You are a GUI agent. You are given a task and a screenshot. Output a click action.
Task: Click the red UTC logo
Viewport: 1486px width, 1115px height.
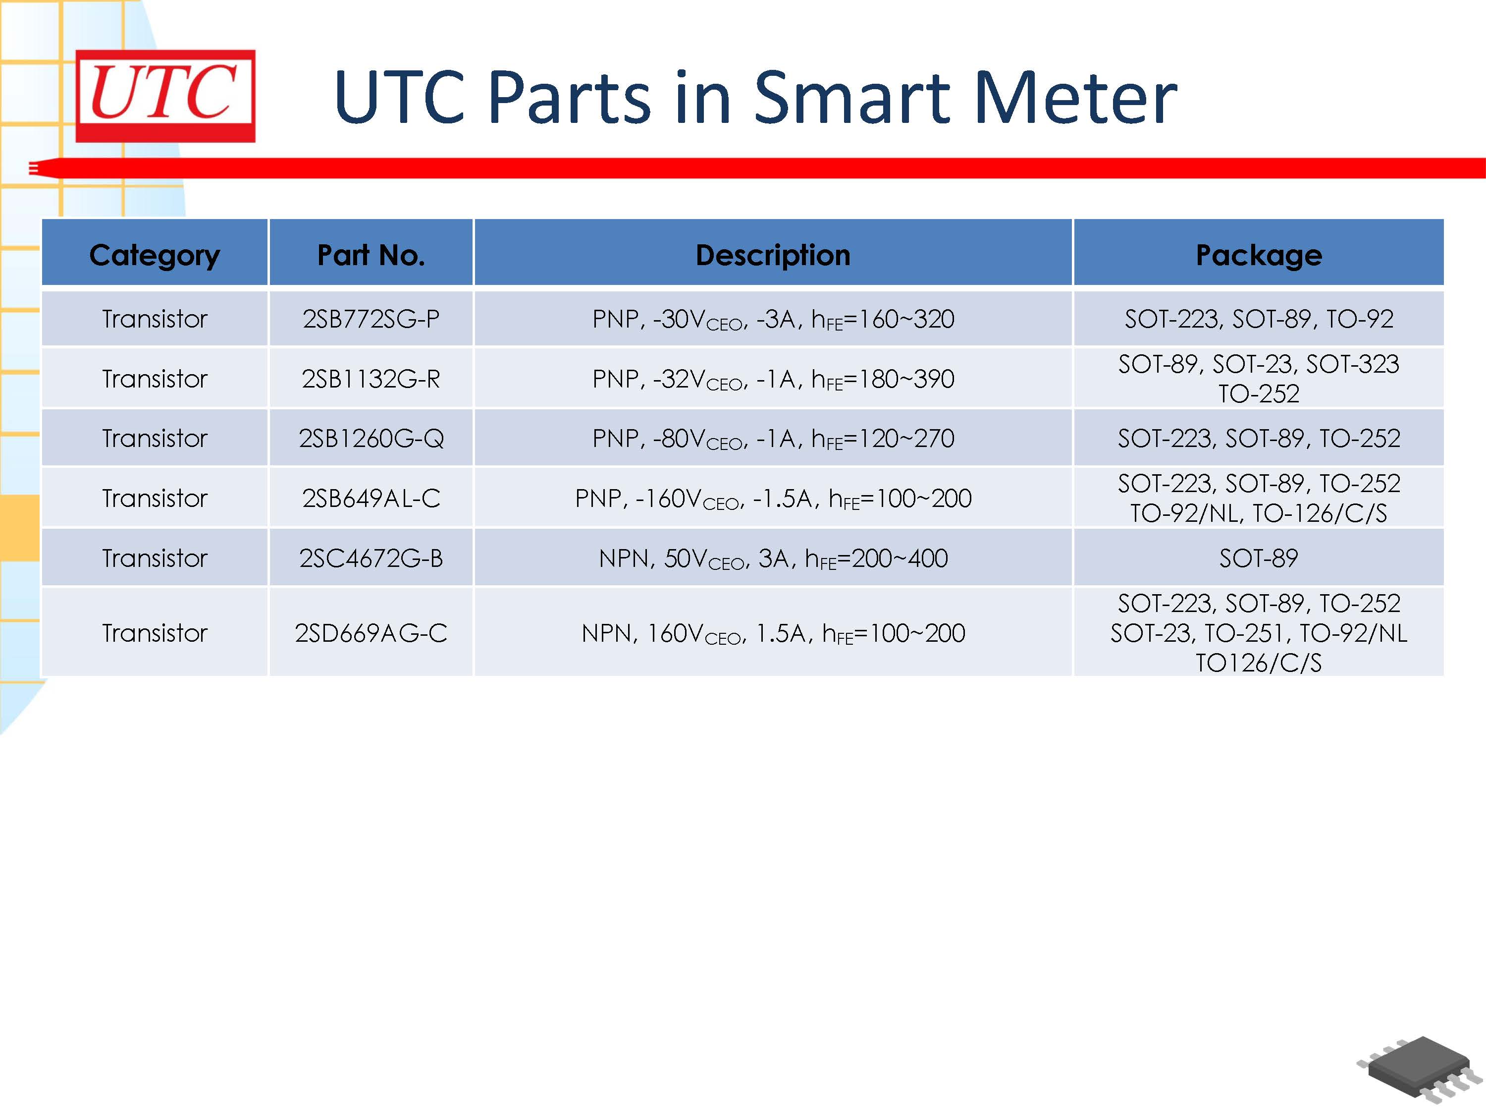click(165, 96)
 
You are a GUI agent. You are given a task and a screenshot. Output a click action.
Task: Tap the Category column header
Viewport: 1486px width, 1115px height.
click(155, 255)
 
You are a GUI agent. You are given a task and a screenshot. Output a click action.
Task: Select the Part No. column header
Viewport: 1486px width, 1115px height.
click(371, 255)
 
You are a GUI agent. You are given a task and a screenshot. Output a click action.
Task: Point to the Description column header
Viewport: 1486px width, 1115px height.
click(773, 255)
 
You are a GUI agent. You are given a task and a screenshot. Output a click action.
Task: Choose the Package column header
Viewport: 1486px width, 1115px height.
click(1258, 255)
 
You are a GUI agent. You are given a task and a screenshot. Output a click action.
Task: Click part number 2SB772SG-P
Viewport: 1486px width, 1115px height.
click(371, 319)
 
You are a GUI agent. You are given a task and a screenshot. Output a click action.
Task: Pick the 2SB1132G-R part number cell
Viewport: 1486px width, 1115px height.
click(371, 379)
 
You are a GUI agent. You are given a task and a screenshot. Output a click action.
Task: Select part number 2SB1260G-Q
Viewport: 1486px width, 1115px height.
click(371, 438)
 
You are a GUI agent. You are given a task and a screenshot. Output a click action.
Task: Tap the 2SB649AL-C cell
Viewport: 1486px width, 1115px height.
click(371, 498)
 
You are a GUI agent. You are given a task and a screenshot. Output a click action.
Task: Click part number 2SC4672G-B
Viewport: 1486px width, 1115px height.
click(371, 558)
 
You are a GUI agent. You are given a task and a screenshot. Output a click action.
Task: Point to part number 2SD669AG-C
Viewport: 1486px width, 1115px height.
click(371, 632)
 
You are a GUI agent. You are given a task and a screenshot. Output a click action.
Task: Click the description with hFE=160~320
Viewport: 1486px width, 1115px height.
click(773, 319)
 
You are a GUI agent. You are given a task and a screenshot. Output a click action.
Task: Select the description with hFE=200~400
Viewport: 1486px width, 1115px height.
click(773, 558)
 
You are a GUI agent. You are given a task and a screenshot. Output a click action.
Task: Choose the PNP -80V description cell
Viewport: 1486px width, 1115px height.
click(773, 438)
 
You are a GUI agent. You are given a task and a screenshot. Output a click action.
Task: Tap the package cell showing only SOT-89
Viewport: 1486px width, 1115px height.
click(1258, 558)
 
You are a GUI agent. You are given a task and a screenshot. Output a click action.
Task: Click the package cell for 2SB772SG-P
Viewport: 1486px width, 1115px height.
click(1258, 319)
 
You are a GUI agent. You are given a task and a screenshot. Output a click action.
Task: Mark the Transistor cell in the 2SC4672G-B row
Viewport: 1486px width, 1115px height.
click(155, 558)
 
